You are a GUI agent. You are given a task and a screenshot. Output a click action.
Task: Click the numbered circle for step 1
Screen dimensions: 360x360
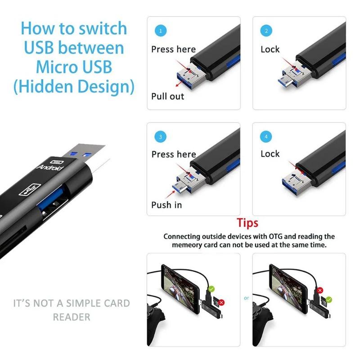tap(161, 31)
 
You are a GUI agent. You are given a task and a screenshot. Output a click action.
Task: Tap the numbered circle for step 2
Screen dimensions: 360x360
tap(266, 31)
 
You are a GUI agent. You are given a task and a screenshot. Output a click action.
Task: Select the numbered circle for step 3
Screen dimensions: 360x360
tap(161, 136)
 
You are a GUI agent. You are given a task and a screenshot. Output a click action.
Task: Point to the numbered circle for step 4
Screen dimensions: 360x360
tap(266, 136)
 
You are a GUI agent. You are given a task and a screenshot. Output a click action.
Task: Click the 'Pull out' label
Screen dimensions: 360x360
tap(167, 96)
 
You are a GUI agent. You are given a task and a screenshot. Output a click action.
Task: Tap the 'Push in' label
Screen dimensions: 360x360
tap(167, 205)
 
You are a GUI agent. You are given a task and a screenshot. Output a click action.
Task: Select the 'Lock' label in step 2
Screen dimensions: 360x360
tap(270, 49)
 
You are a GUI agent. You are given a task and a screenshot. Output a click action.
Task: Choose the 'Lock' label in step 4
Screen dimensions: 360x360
tap(270, 154)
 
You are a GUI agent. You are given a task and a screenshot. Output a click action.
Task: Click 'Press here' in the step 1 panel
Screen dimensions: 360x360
tap(173, 49)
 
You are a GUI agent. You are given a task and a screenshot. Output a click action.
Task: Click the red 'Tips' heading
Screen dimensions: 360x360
tap(247, 223)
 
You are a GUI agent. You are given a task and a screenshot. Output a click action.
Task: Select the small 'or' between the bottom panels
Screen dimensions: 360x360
tap(246, 298)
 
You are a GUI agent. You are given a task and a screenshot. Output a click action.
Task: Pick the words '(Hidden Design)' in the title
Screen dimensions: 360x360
tap(74, 86)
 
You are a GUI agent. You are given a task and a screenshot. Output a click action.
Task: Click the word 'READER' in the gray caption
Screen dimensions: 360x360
tap(72, 317)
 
